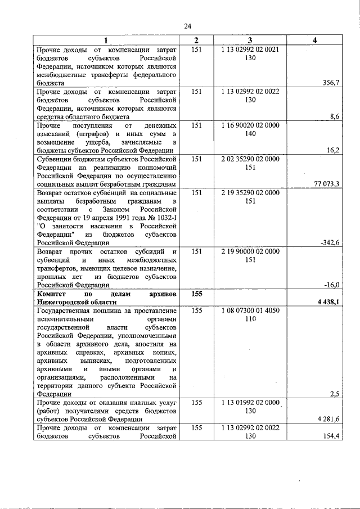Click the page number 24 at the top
[188, 26]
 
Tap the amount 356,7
[331, 83]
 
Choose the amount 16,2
[332, 151]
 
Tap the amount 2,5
[335, 394]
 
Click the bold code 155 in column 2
[196, 294]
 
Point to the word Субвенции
[56, 159]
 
